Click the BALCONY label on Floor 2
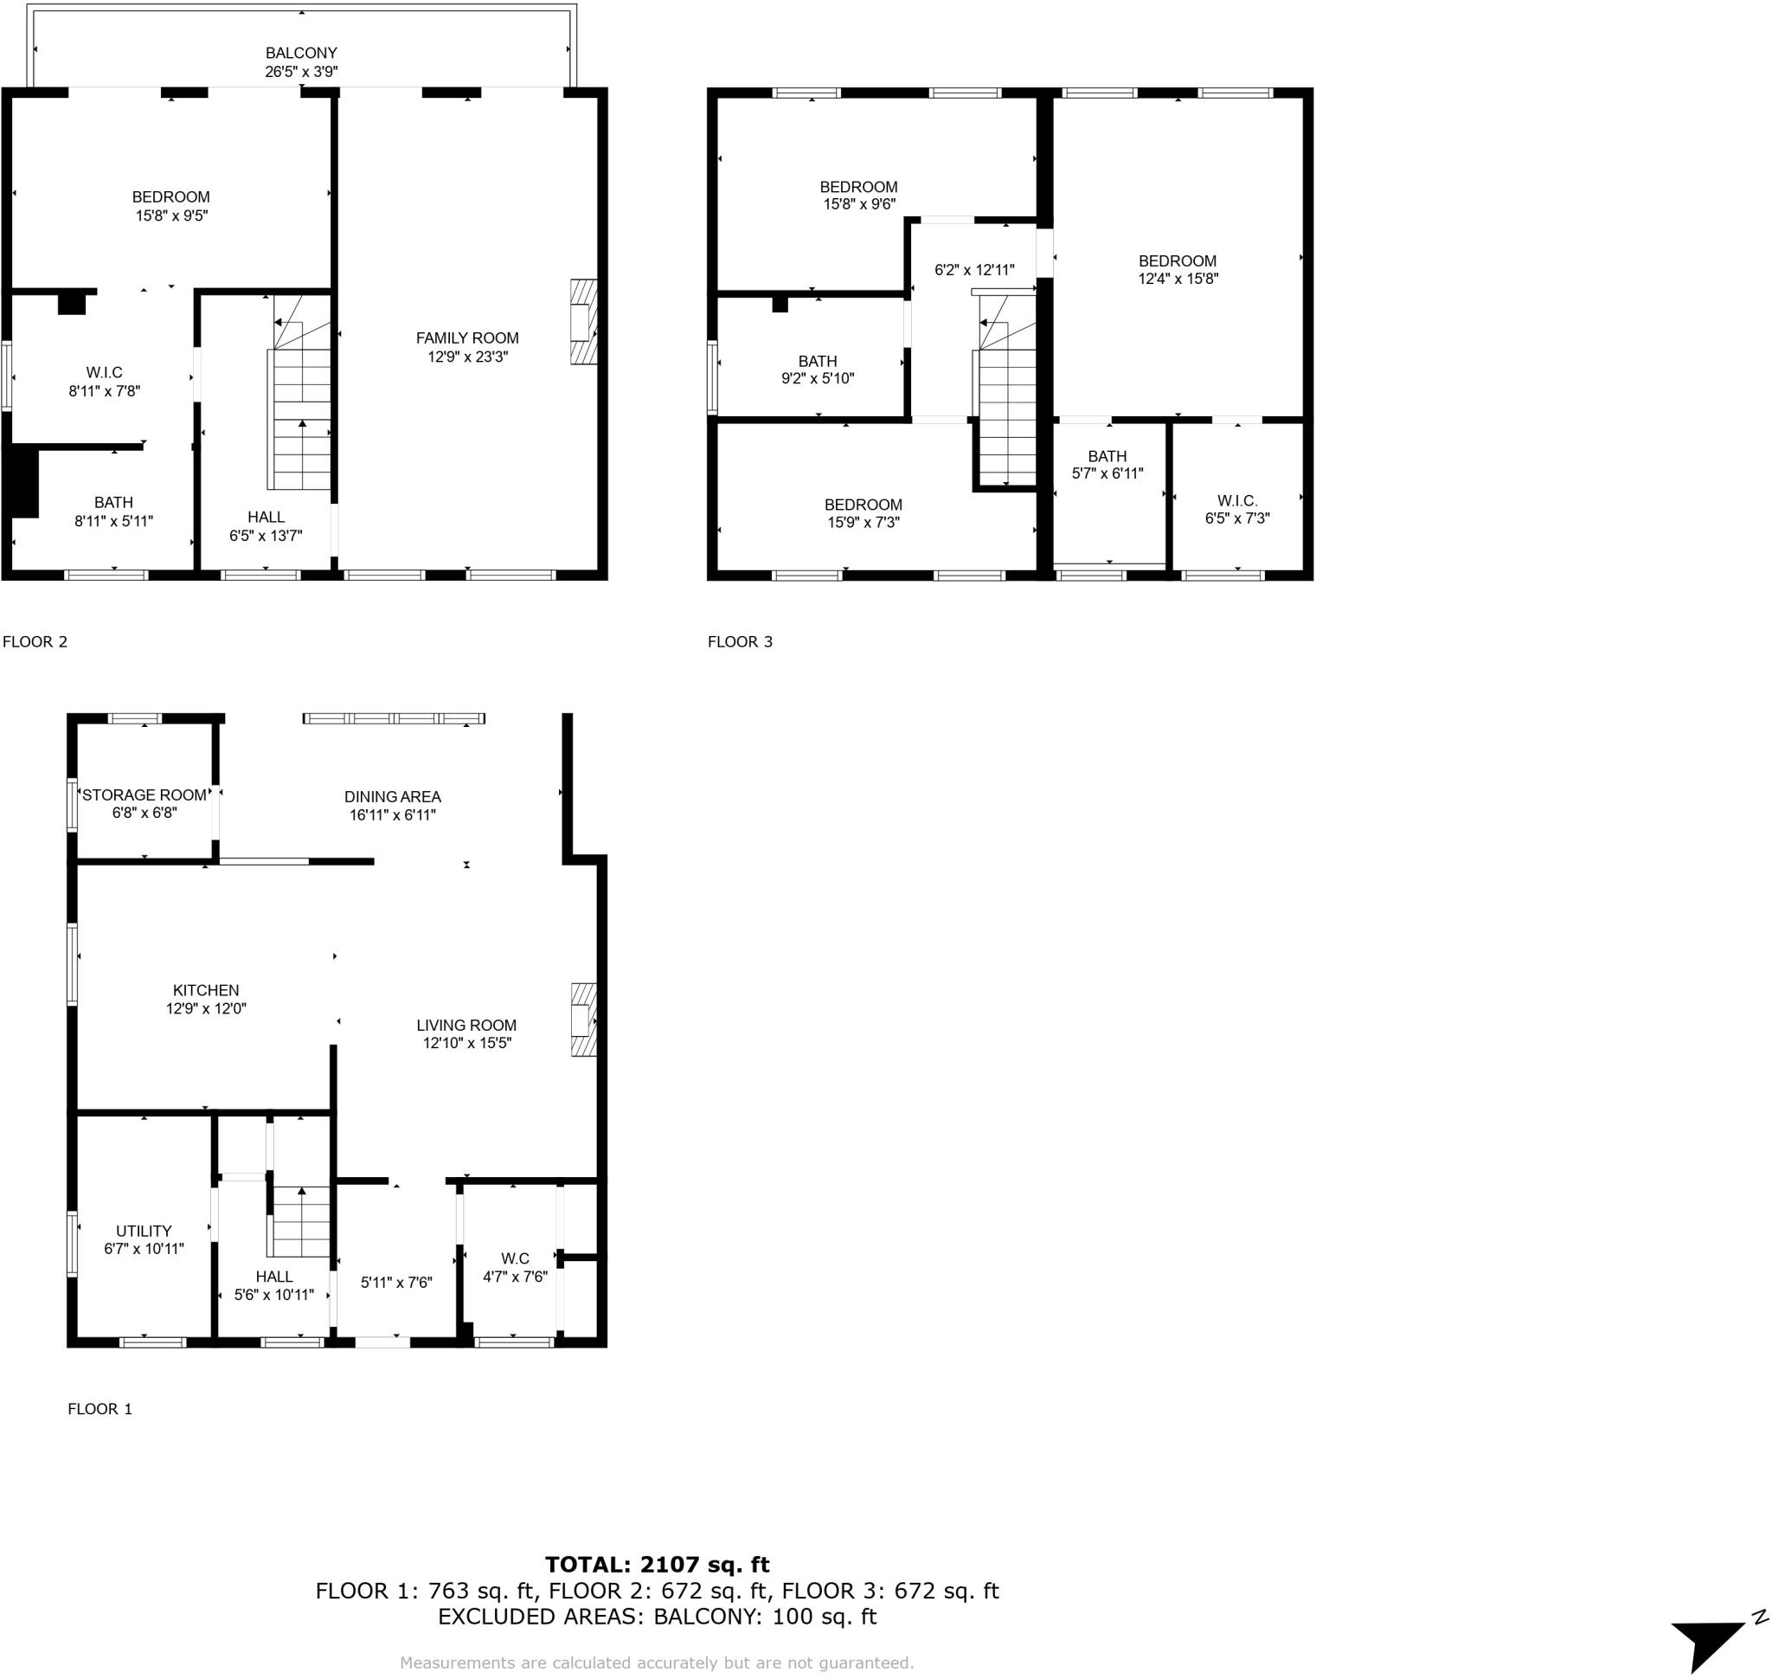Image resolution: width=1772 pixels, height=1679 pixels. click(x=301, y=53)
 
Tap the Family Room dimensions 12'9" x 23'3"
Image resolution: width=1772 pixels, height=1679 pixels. click(x=466, y=357)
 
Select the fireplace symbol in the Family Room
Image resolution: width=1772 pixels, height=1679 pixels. click(x=583, y=322)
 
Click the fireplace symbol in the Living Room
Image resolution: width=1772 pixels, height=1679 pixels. click(x=583, y=1020)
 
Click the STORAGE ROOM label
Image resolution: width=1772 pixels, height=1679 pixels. click(x=144, y=794)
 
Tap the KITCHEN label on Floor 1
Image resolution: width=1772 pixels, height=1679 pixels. click(x=206, y=990)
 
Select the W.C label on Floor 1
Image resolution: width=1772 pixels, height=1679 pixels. click(x=515, y=1258)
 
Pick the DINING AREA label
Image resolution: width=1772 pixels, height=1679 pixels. click(x=392, y=796)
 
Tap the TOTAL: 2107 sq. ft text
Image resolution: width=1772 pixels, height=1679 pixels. click(x=657, y=1564)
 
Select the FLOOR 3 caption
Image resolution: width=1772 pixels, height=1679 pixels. click(x=739, y=641)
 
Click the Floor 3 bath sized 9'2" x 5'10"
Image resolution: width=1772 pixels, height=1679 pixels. click(x=817, y=370)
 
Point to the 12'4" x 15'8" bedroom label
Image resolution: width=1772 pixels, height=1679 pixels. click(x=1177, y=269)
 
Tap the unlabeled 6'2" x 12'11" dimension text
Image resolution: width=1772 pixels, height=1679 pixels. click(x=973, y=269)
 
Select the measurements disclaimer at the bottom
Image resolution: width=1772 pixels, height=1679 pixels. click(x=656, y=1662)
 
